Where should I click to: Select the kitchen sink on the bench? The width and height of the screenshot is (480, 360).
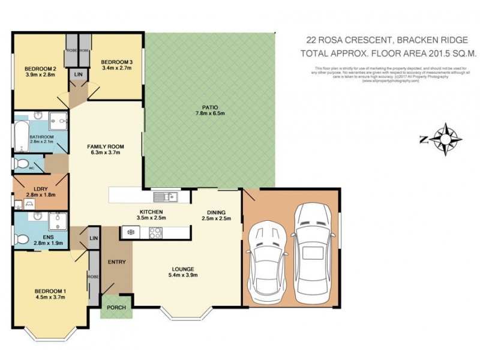pyautogui.click(x=163, y=196)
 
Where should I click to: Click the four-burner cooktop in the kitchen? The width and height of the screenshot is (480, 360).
pyautogui.click(x=151, y=231)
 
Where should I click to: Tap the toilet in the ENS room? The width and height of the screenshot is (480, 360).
pyautogui.click(x=23, y=238)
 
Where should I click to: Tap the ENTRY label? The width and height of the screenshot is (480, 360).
pyautogui.click(x=116, y=262)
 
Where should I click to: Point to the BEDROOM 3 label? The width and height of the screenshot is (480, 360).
pyautogui.click(x=116, y=62)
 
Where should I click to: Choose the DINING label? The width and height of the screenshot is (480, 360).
pyautogui.click(x=216, y=212)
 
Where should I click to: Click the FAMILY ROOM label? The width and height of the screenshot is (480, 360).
pyautogui.click(x=105, y=146)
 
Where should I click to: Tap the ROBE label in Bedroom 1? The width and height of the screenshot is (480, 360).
pyautogui.click(x=94, y=277)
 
